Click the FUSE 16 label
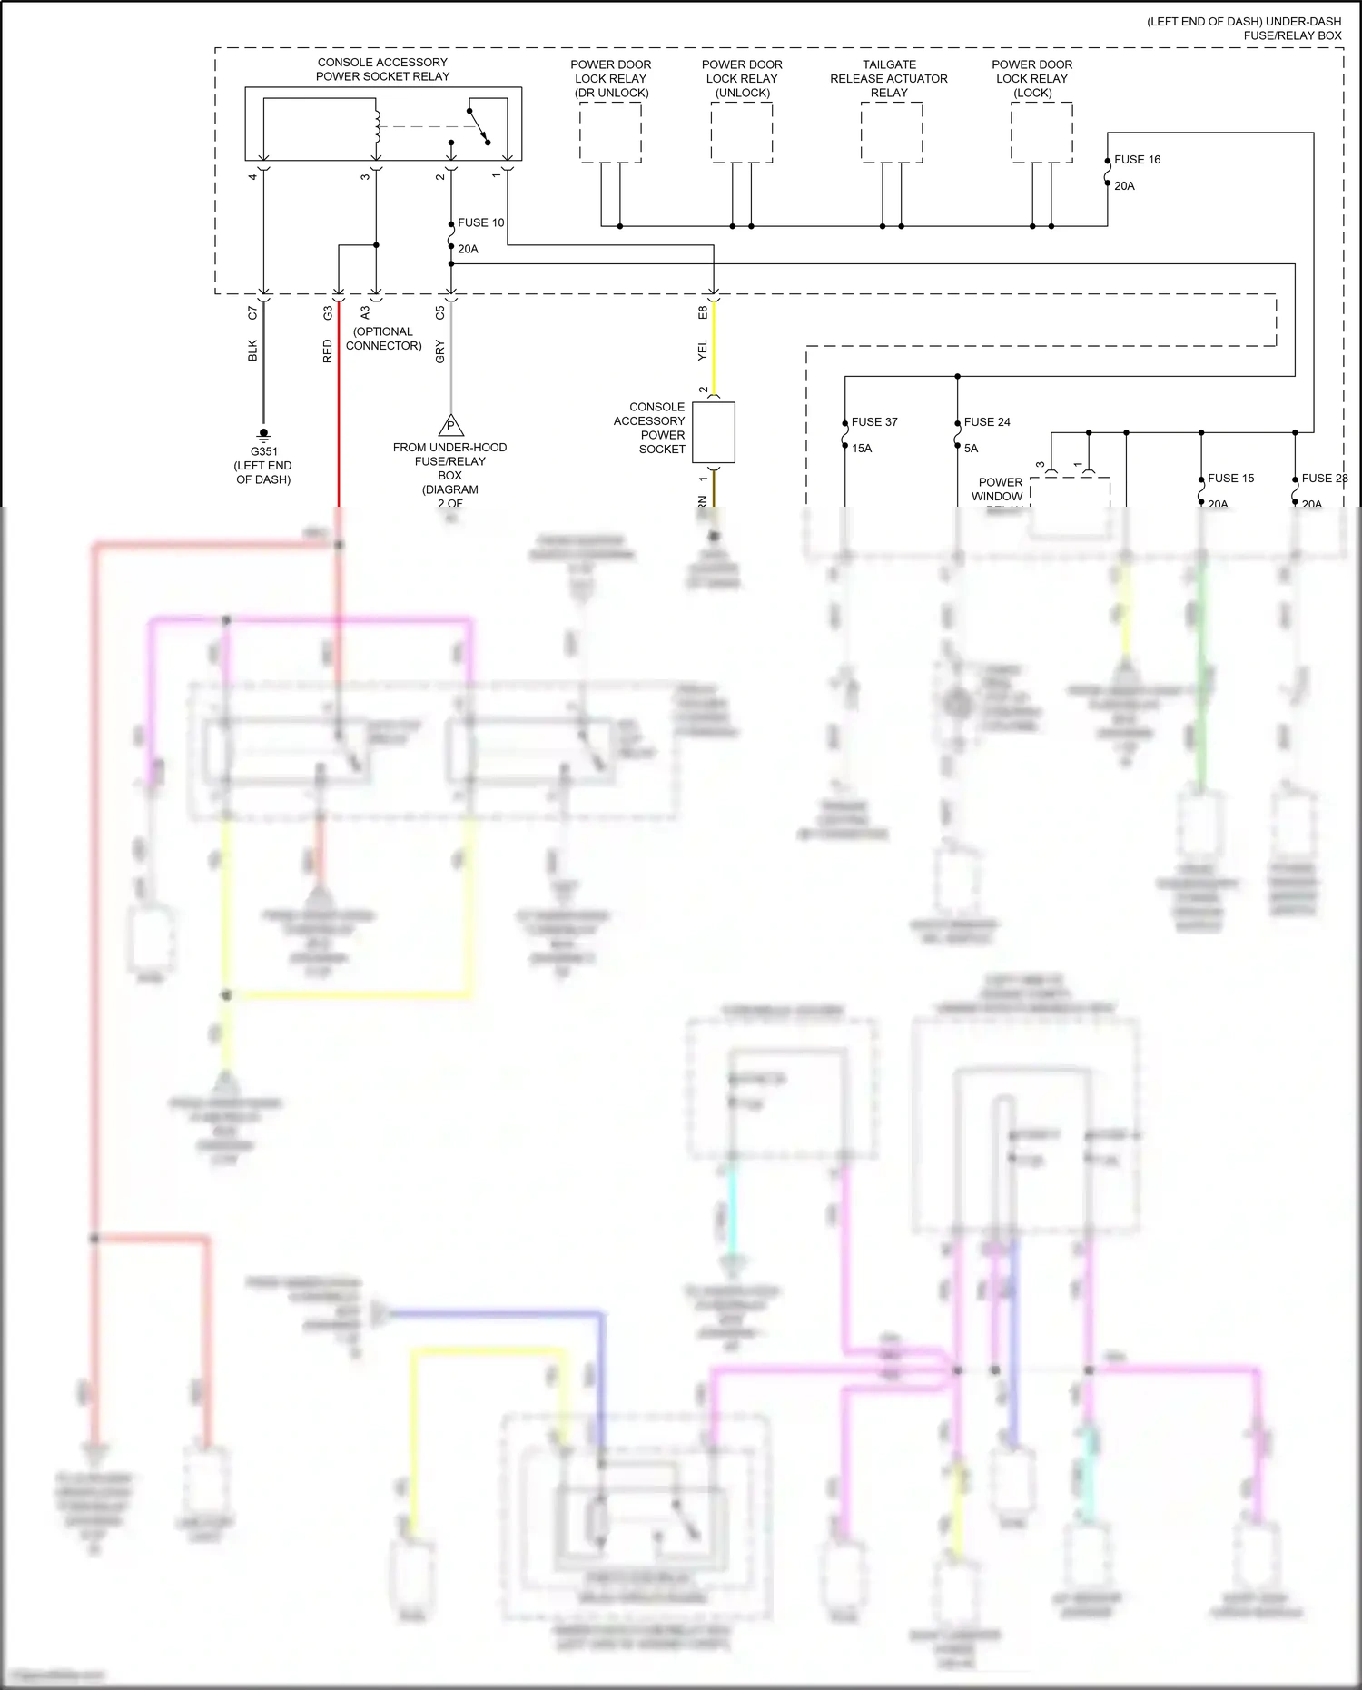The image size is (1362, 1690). tap(1137, 160)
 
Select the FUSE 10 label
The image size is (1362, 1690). tap(480, 222)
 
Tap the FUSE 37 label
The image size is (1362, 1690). tap(873, 422)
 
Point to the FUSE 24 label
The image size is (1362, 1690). tap(986, 422)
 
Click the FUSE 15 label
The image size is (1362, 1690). tap(1230, 479)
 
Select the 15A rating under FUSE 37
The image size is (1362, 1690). tap(861, 449)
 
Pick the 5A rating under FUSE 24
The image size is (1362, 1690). tap(971, 449)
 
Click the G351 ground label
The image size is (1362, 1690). tap(263, 451)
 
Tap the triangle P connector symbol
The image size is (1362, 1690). tap(450, 425)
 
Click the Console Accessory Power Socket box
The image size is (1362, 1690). tap(713, 432)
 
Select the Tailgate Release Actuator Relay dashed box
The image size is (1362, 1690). tap(892, 133)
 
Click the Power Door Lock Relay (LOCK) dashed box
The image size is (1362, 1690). tap(1041, 133)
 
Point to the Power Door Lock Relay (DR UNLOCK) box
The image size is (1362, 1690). tap(610, 133)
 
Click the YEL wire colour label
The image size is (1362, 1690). tap(702, 351)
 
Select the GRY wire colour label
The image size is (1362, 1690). tap(440, 351)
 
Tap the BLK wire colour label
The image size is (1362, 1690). tap(252, 351)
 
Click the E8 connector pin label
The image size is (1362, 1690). tap(703, 311)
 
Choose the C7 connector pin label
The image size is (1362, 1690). tap(252, 312)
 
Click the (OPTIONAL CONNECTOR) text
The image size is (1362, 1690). tap(383, 339)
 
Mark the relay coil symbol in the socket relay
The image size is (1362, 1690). tap(377, 127)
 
